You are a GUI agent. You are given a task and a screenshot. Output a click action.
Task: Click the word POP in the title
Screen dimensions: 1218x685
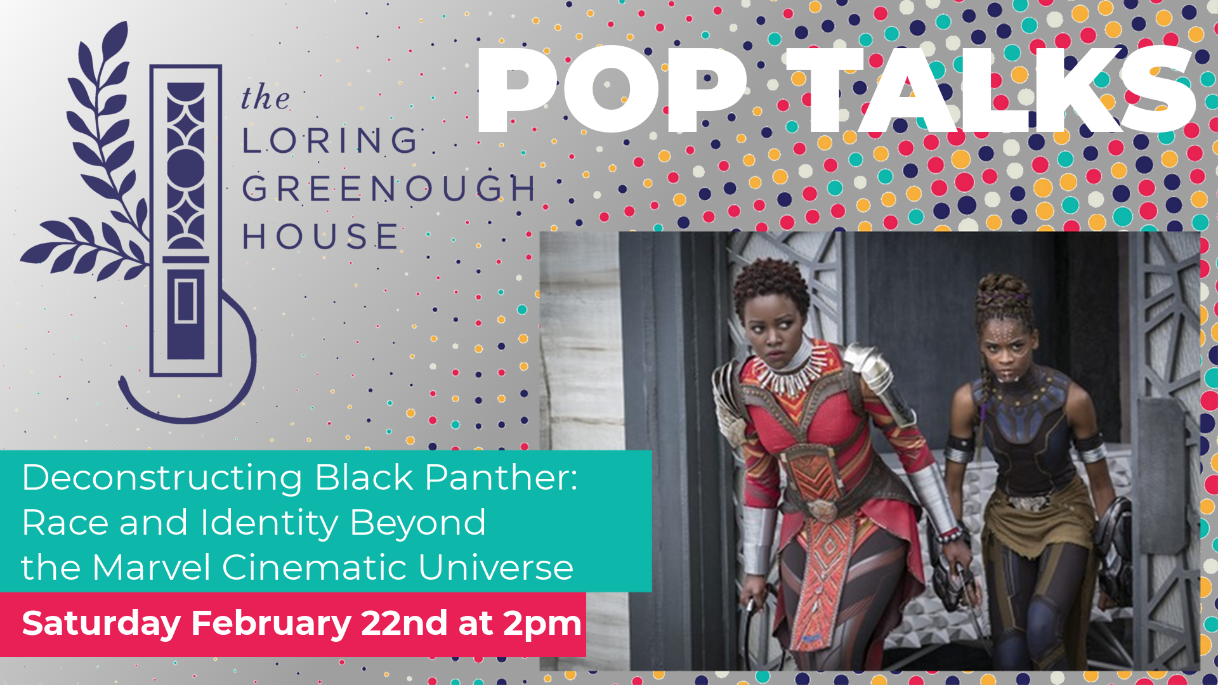pyautogui.click(x=612, y=89)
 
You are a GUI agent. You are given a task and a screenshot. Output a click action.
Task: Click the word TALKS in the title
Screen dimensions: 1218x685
pyautogui.click(x=992, y=89)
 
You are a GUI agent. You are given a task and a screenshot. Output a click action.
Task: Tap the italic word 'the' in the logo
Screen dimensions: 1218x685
pyautogui.click(x=265, y=98)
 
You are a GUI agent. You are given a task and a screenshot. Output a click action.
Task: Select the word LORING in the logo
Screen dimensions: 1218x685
pyautogui.click(x=329, y=140)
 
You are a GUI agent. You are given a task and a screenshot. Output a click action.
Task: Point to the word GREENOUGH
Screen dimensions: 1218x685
pyautogui.click(x=389, y=188)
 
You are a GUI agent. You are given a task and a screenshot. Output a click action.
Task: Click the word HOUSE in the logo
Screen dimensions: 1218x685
pyautogui.click(x=320, y=236)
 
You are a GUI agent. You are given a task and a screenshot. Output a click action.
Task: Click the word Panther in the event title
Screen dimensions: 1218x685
pyautogui.click(x=501, y=477)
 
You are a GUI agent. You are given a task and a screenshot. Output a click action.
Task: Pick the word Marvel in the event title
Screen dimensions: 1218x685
pyautogui.click(x=151, y=567)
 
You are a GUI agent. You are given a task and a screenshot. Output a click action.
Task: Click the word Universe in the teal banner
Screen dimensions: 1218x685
pyautogui.click(x=495, y=567)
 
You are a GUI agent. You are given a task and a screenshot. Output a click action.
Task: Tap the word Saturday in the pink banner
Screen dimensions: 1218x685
pyautogui.click(x=101, y=624)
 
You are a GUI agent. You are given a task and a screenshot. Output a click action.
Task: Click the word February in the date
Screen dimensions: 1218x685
pyautogui.click(x=271, y=624)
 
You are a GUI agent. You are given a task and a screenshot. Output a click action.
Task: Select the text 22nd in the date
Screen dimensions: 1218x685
pyautogui.click(x=404, y=623)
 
